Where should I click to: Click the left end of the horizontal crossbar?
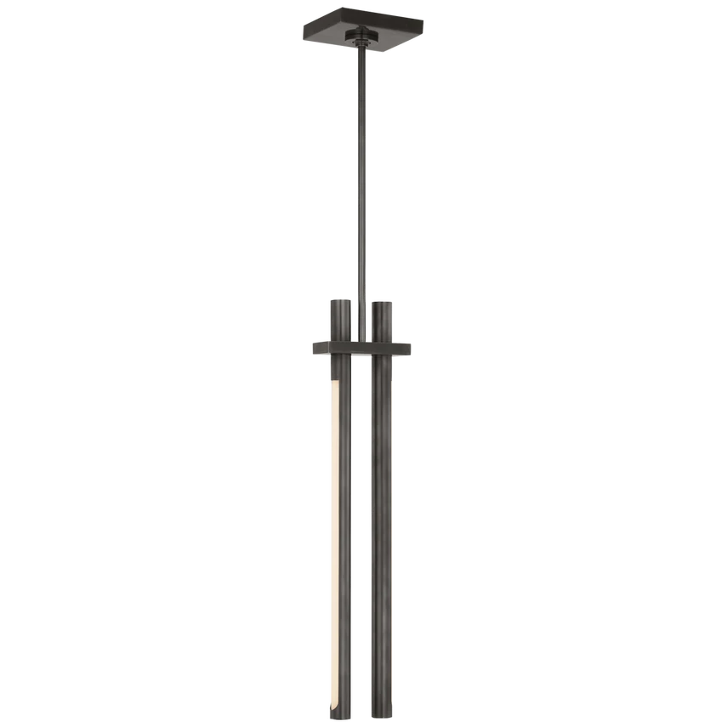[x=311, y=348]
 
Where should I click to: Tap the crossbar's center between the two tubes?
[x=361, y=348]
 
